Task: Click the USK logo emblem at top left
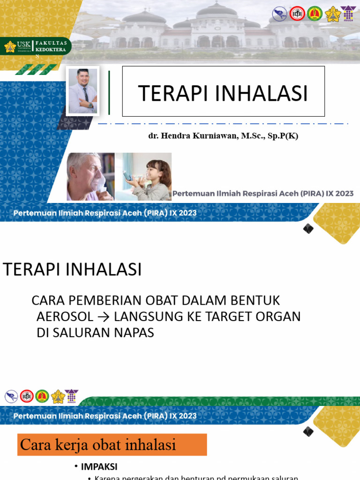(10, 46)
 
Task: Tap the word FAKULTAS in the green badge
(51, 43)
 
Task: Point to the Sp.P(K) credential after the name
(281, 136)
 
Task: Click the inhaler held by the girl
(127, 176)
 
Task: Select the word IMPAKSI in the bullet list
(99, 466)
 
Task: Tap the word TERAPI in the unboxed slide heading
(30, 270)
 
